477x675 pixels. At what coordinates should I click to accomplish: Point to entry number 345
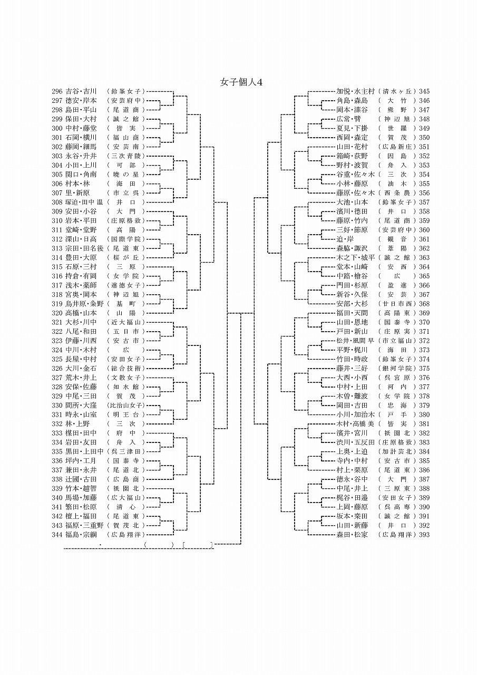click(x=424, y=91)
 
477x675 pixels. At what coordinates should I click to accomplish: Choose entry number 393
click(x=424, y=535)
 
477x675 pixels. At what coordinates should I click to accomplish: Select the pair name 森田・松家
click(x=352, y=535)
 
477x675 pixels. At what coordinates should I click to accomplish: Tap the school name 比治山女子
click(x=126, y=406)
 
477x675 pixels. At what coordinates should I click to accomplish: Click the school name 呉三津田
click(x=126, y=451)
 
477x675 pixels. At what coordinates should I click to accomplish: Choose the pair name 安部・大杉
click(x=352, y=304)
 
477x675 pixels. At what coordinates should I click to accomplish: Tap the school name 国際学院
click(x=126, y=239)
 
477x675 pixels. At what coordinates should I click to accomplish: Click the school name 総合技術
click(x=126, y=368)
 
